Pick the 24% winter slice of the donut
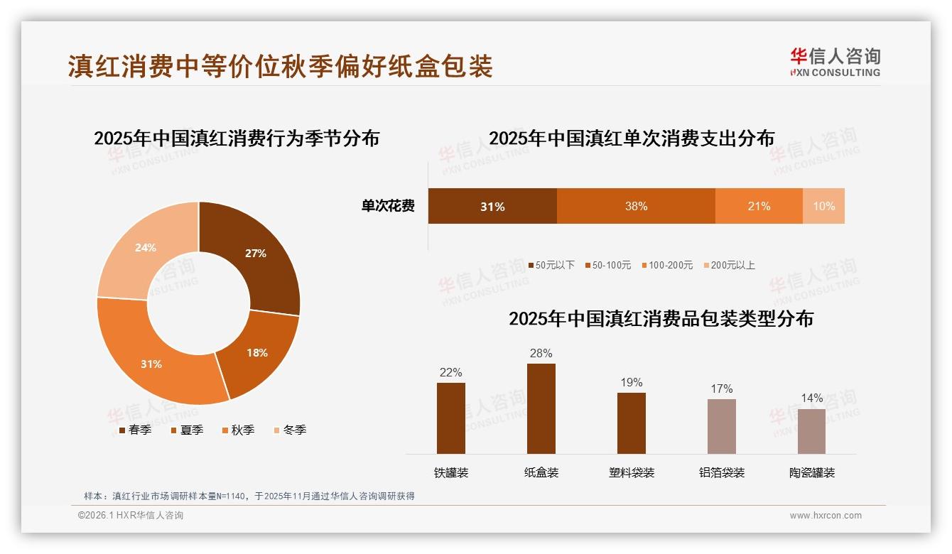[x=146, y=249]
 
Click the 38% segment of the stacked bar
[x=636, y=206]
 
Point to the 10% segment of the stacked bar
[x=823, y=206]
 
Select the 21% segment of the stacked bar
[x=759, y=206]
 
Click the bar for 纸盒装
[x=541, y=408]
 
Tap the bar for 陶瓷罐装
[x=811, y=431]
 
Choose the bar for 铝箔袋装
[x=721, y=426]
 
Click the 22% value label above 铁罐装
[x=450, y=372]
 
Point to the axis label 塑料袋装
[x=632, y=473]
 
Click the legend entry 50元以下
[x=551, y=265]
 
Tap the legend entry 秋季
[x=239, y=430]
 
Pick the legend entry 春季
[x=136, y=430]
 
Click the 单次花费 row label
[x=388, y=206]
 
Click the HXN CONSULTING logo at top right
[x=835, y=63]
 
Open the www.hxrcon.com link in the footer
[x=826, y=516]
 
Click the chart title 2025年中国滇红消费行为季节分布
[x=237, y=138]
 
